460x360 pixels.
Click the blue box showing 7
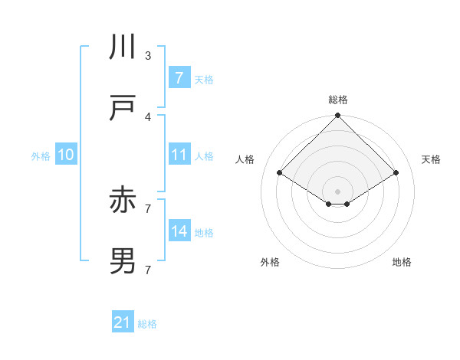click(x=179, y=78)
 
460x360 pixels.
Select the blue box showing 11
click(x=179, y=155)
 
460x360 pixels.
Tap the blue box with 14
click(x=179, y=231)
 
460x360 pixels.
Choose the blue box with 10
click(x=65, y=155)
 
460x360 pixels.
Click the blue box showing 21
click(x=123, y=323)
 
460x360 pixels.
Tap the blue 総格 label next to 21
click(x=147, y=324)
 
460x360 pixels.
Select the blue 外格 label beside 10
click(x=41, y=155)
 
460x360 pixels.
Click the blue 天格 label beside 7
click(x=204, y=79)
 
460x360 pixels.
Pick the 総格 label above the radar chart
click(x=337, y=100)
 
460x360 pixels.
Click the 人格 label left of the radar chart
click(x=245, y=159)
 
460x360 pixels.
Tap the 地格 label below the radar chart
click(x=402, y=262)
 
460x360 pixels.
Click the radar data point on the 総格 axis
click(x=337, y=116)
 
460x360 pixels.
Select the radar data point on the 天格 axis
click(x=396, y=172)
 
